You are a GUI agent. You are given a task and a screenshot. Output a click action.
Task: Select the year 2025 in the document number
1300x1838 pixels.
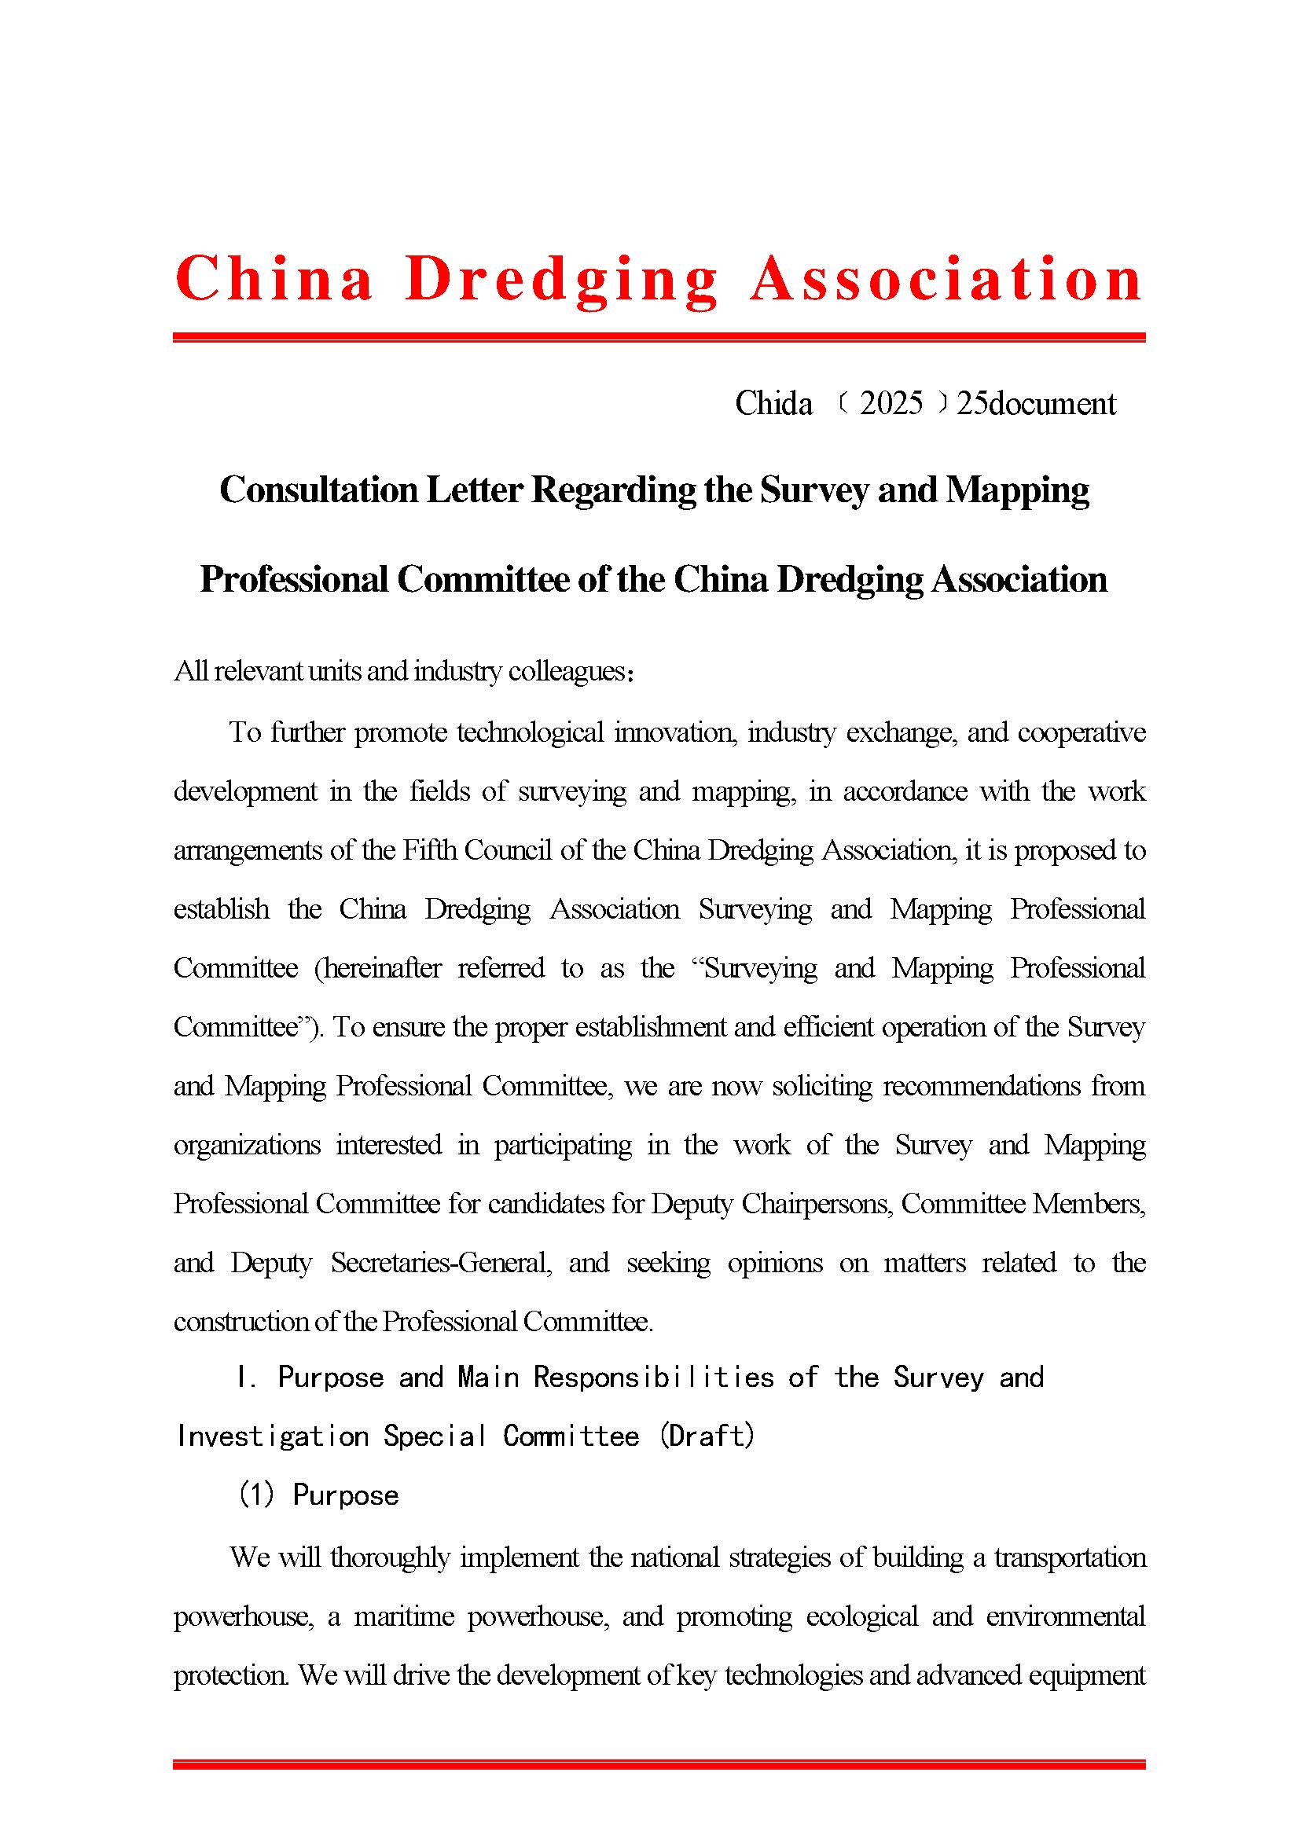click(x=891, y=402)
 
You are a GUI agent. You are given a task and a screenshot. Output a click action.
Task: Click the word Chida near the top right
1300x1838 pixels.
click(x=773, y=402)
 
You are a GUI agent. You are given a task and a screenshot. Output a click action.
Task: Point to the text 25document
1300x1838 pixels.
click(x=1036, y=402)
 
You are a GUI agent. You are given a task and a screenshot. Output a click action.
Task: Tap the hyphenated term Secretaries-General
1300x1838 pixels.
click(x=441, y=1262)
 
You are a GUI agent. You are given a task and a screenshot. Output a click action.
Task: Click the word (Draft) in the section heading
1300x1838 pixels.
click(x=707, y=1436)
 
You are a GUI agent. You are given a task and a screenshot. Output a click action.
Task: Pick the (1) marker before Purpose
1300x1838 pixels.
click(x=257, y=1495)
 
